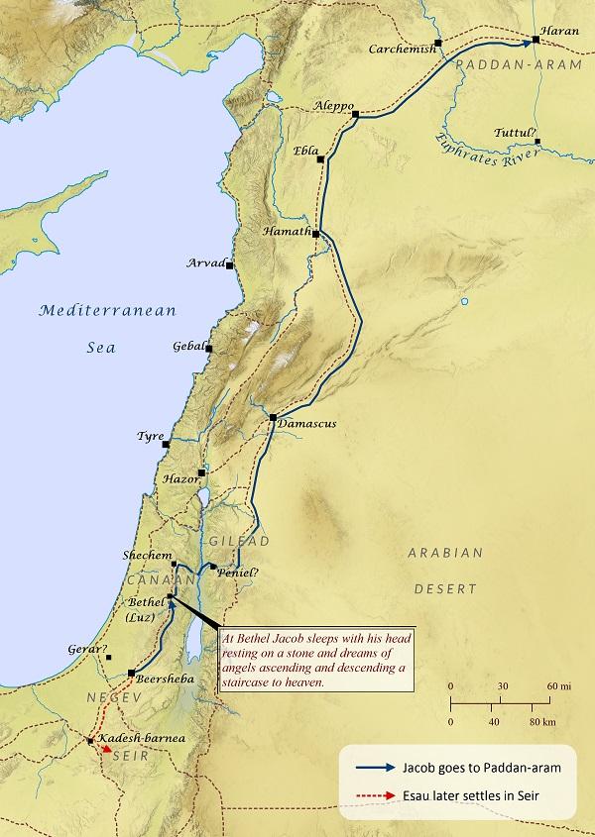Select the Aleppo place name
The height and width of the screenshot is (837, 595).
[332, 104]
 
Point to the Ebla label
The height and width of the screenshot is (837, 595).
[305, 151]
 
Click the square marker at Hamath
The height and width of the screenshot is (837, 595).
[316, 234]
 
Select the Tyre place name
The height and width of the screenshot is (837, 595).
[150, 436]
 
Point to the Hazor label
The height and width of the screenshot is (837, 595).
[179, 479]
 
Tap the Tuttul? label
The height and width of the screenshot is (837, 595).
[516, 133]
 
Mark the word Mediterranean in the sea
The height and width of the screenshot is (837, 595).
[107, 311]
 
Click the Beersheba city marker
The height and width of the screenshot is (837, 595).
[131, 674]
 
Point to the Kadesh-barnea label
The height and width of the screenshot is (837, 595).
[137, 739]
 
